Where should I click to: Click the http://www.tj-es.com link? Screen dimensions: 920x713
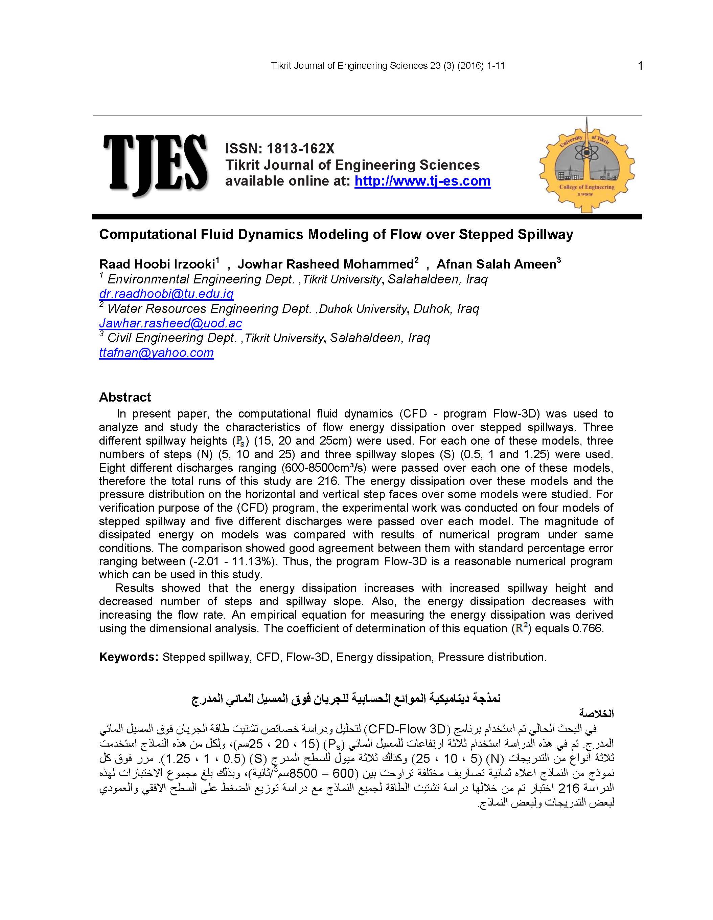422,181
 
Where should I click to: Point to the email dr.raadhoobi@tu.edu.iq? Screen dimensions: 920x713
166,294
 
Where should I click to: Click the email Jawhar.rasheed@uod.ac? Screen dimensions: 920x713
170,323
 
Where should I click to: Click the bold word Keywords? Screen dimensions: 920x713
129,657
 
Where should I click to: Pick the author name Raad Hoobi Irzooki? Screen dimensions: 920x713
157,264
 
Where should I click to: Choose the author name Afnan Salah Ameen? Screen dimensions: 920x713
496,264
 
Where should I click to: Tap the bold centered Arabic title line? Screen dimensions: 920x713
346,699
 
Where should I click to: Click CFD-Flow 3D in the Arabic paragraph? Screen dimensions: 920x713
407,729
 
